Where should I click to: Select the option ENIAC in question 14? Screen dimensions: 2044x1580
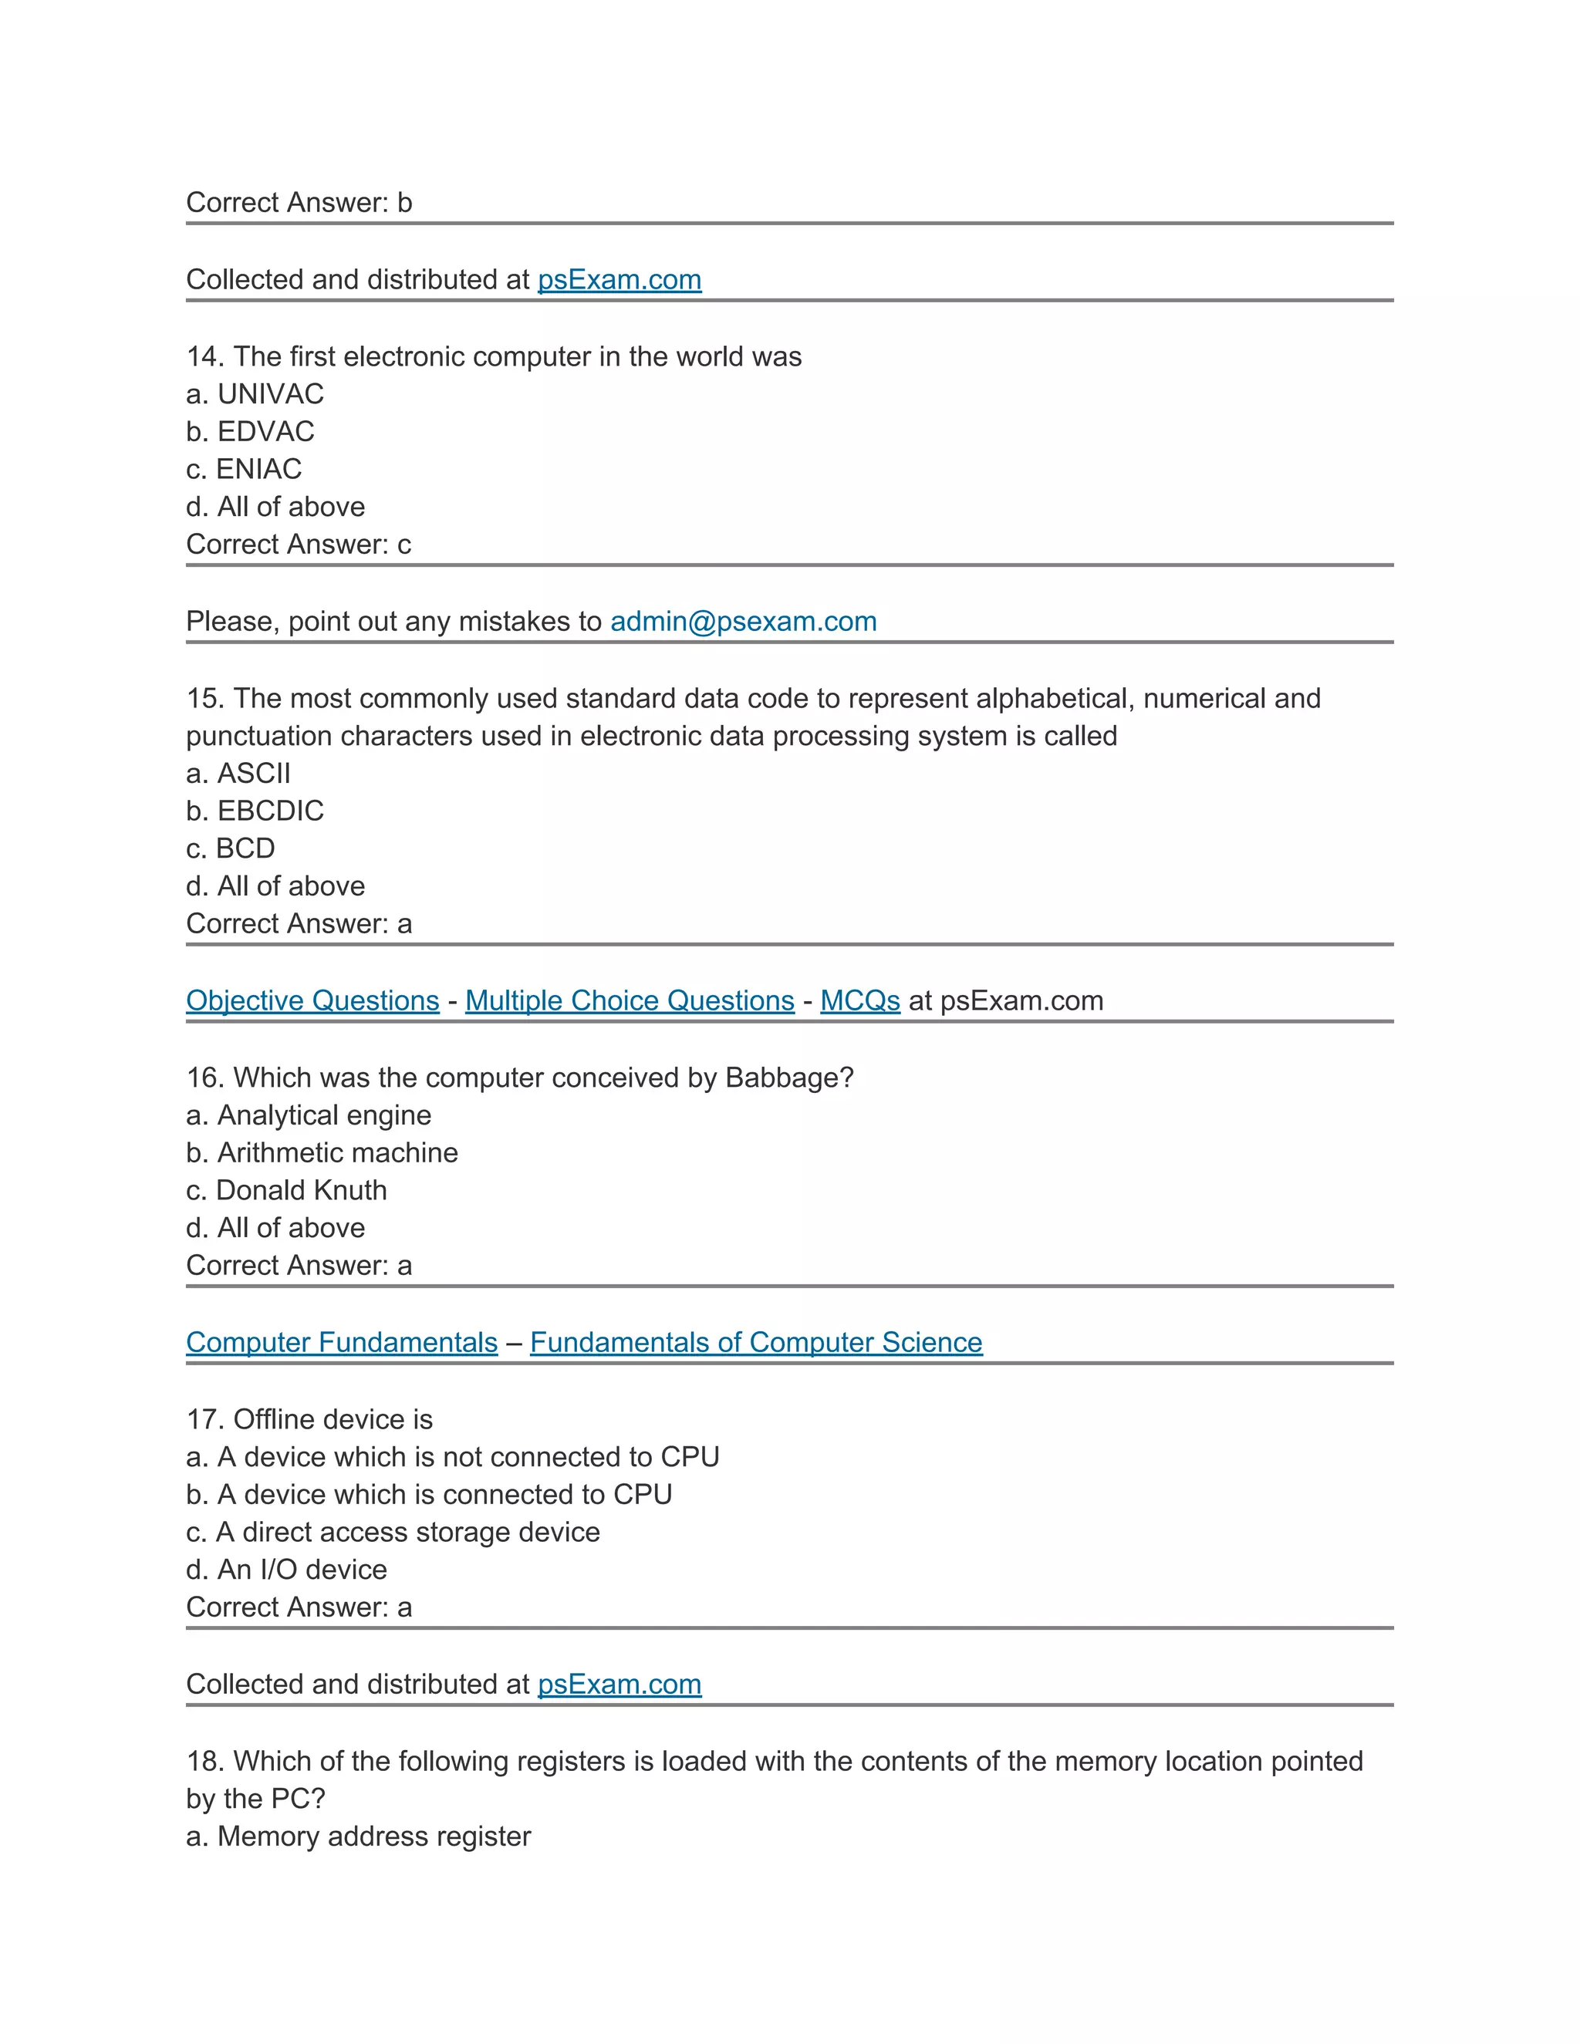tap(245, 469)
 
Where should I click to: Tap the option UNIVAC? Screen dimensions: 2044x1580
tap(255, 394)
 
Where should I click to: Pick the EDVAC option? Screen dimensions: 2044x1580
tap(250, 431)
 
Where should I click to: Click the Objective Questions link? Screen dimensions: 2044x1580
tap(312, 1000)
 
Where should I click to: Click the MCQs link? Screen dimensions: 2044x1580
tap(859, 1000)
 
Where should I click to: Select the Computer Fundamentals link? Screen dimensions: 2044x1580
tap(342, 1342)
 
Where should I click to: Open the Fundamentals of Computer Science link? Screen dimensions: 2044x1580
tap(755, 1342)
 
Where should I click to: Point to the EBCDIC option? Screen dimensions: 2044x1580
tap(255, 811)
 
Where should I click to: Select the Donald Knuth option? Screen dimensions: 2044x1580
tap(286, 1189)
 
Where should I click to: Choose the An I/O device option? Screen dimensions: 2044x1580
tap(286, 1570)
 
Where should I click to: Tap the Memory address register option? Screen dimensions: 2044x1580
tap(359, 1837)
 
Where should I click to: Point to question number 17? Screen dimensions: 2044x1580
tap(202, 1420)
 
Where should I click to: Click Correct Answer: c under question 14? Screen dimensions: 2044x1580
tap(299, 545)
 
